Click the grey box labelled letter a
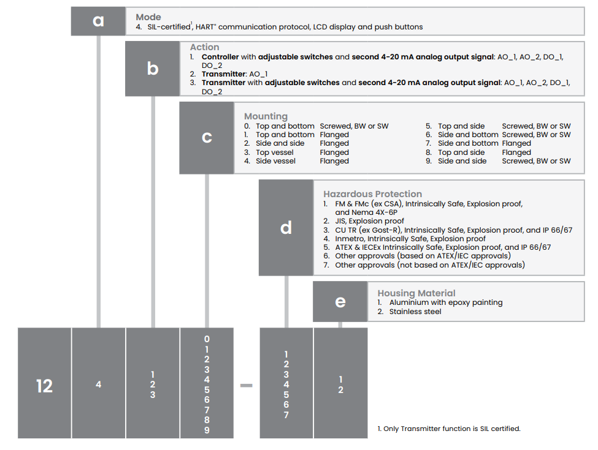(98, 21)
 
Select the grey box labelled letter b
(152, 69)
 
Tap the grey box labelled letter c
(207, 138)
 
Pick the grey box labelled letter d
(286, 228)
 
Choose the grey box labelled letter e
(340, 301)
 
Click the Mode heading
(148, 17)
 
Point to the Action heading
(204, 47)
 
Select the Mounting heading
(266, 116)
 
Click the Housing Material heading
(416, 293)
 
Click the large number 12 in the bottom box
(44, 386)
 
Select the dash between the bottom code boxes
(246, 386)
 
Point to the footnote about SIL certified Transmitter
(449, 429)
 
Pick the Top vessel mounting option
(274, 152)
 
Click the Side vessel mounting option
(275, 161)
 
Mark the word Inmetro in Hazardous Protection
(350, 239)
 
